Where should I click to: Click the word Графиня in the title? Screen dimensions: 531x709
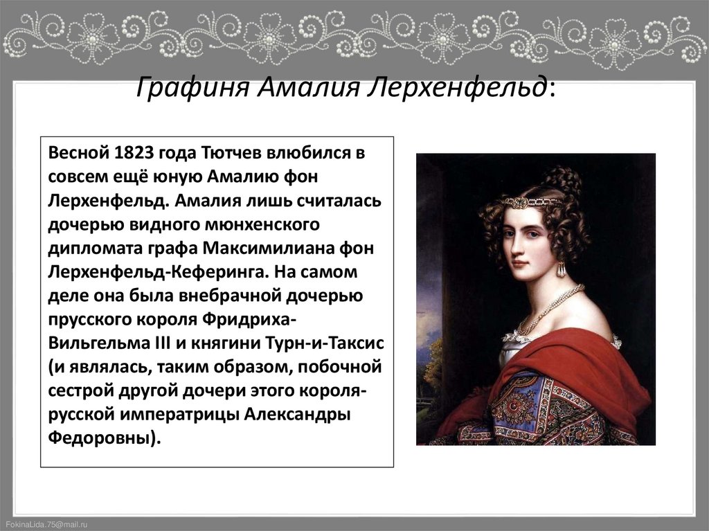point(192,88)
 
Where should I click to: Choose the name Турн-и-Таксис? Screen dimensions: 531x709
point(325,343)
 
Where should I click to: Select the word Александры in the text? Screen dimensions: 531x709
point(300,414)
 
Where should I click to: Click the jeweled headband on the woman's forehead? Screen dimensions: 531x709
point(532,202)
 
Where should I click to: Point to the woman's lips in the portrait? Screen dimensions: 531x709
point(519,264)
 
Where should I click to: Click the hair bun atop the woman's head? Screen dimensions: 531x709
point(562,181)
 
